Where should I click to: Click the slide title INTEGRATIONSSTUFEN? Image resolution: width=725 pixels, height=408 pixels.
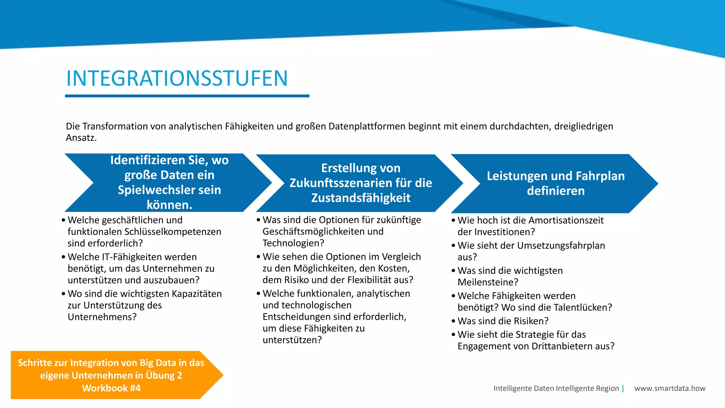177,78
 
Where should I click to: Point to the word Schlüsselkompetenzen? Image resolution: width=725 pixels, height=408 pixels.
173,232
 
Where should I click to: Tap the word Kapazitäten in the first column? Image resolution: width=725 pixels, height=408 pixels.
196,294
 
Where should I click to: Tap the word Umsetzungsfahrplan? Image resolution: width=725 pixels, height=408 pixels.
561,245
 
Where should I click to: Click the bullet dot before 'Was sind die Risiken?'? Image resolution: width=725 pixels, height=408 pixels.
453,321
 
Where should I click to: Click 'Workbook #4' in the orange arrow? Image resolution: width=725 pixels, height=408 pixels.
111,388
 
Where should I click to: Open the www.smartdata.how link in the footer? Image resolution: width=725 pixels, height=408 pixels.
670,388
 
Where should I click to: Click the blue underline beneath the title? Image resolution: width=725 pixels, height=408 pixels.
187,96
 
